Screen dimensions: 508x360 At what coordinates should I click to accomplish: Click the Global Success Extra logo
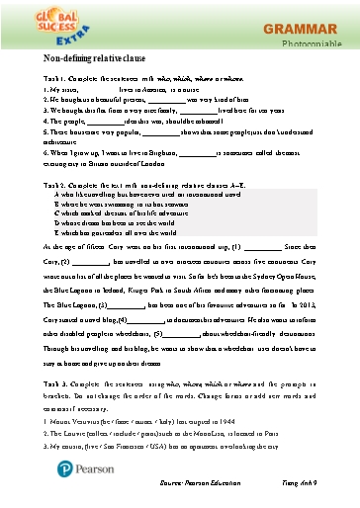pos(41,28)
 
